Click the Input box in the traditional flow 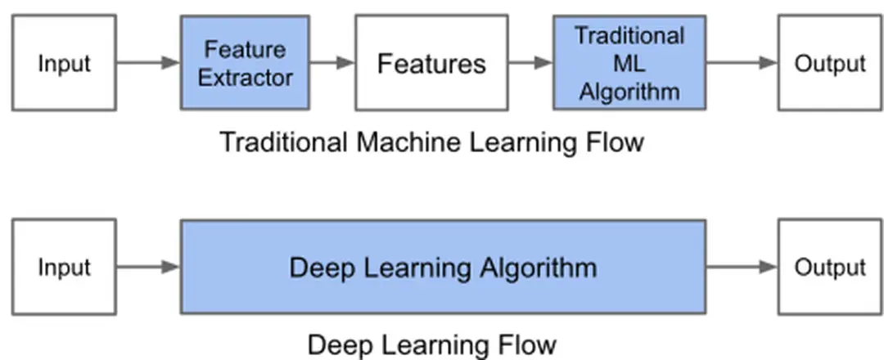click(64, 63)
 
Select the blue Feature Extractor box click(245, 63)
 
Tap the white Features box click(431, 63)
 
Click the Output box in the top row click(829, 63)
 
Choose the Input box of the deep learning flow click(64, 267)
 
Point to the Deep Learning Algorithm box click(443, 267)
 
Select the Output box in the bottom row click(829, 267)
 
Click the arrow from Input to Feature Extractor click(147, 63)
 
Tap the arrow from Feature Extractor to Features click(331, 63)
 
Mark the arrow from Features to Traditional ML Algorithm click(530, 63)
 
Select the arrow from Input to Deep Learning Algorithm click(147, 267)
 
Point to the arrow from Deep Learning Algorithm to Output click(741, 267)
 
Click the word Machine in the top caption click(411, 142)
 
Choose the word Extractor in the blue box click(245, 78)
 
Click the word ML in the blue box click(629, 63)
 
